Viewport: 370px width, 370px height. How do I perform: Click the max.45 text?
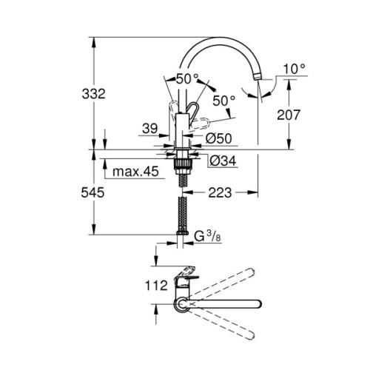pos(138,172)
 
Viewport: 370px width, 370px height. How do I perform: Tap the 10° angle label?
pos(293,69)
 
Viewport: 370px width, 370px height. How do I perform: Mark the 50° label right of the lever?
pos(223,98)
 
